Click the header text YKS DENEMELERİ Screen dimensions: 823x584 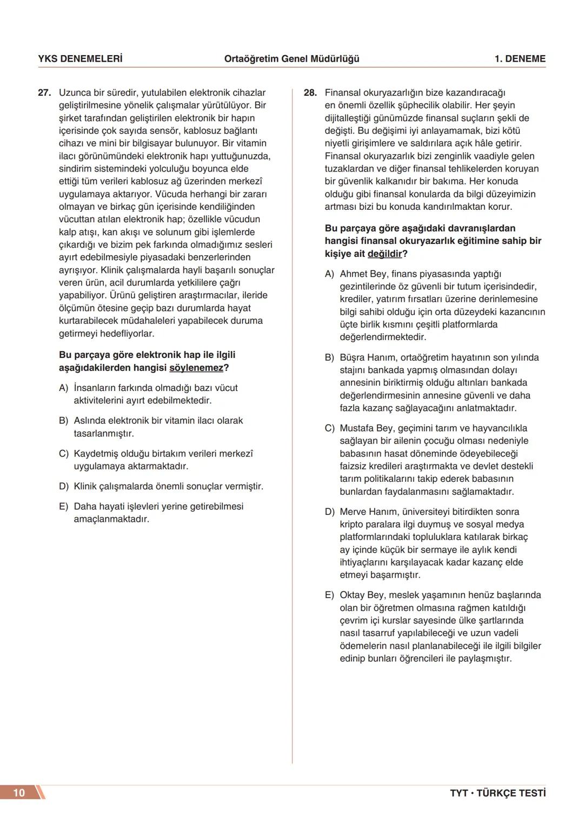click(80, 59)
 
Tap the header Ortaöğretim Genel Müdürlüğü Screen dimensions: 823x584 click(291, 59)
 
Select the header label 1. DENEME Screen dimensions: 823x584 click(520, 59)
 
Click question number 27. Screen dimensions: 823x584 click(44, 93)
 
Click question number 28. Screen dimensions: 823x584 click(310, 93)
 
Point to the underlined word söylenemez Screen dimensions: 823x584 click(196, 368)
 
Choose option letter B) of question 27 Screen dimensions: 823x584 click(64, 421)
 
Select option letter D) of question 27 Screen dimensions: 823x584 click(64, 487)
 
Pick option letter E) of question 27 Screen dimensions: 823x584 click(64, 507)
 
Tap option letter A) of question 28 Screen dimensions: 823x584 click(330, 274)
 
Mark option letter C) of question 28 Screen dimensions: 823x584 click(330, 428)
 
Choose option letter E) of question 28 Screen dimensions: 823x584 click(330, 595)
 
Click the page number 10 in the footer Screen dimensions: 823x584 click(19, 793)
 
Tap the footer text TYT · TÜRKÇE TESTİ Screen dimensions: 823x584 click(497, 793)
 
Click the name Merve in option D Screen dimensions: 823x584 click(353, 512)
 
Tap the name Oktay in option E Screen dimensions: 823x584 click(352, 595)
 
